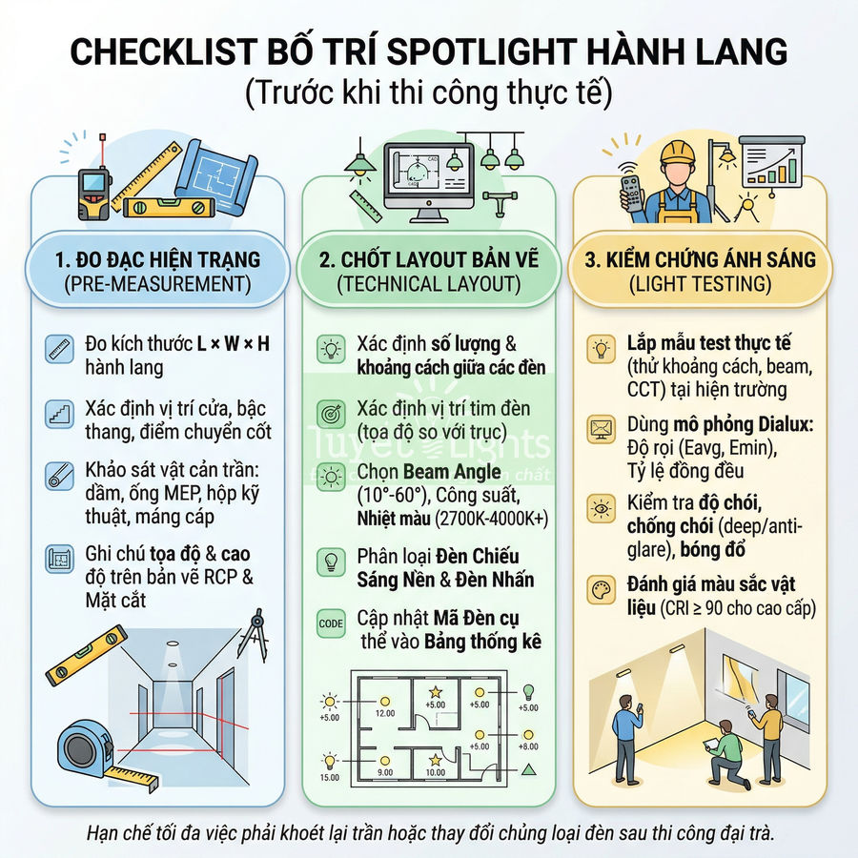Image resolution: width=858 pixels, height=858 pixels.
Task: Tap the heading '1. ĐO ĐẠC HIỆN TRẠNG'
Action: (x=157, y=259)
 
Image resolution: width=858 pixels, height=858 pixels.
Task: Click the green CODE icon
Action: (x=330, y=623)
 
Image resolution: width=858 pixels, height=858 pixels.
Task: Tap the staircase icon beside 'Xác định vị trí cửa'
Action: (x=59, y=414)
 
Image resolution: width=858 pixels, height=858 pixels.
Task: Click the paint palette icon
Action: (x=602, y=588)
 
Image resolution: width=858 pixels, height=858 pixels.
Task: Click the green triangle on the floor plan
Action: (x=527, y=768)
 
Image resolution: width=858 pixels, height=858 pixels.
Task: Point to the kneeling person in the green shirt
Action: (x=725, y=753)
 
